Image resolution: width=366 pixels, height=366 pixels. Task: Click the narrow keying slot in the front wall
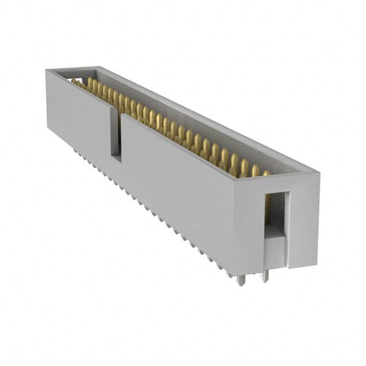(x=116, y=134)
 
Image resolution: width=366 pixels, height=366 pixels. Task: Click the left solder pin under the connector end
(x=241, y=280)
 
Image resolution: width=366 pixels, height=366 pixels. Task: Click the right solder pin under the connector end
(x=264, y=276)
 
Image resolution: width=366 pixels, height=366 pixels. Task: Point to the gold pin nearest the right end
(x=265, y=173)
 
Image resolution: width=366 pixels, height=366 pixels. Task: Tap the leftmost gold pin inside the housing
(x=75, y=81)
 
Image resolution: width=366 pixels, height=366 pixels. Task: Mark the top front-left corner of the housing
(x=46, y=70)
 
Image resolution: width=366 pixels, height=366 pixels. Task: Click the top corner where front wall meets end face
(x=236, y=178)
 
